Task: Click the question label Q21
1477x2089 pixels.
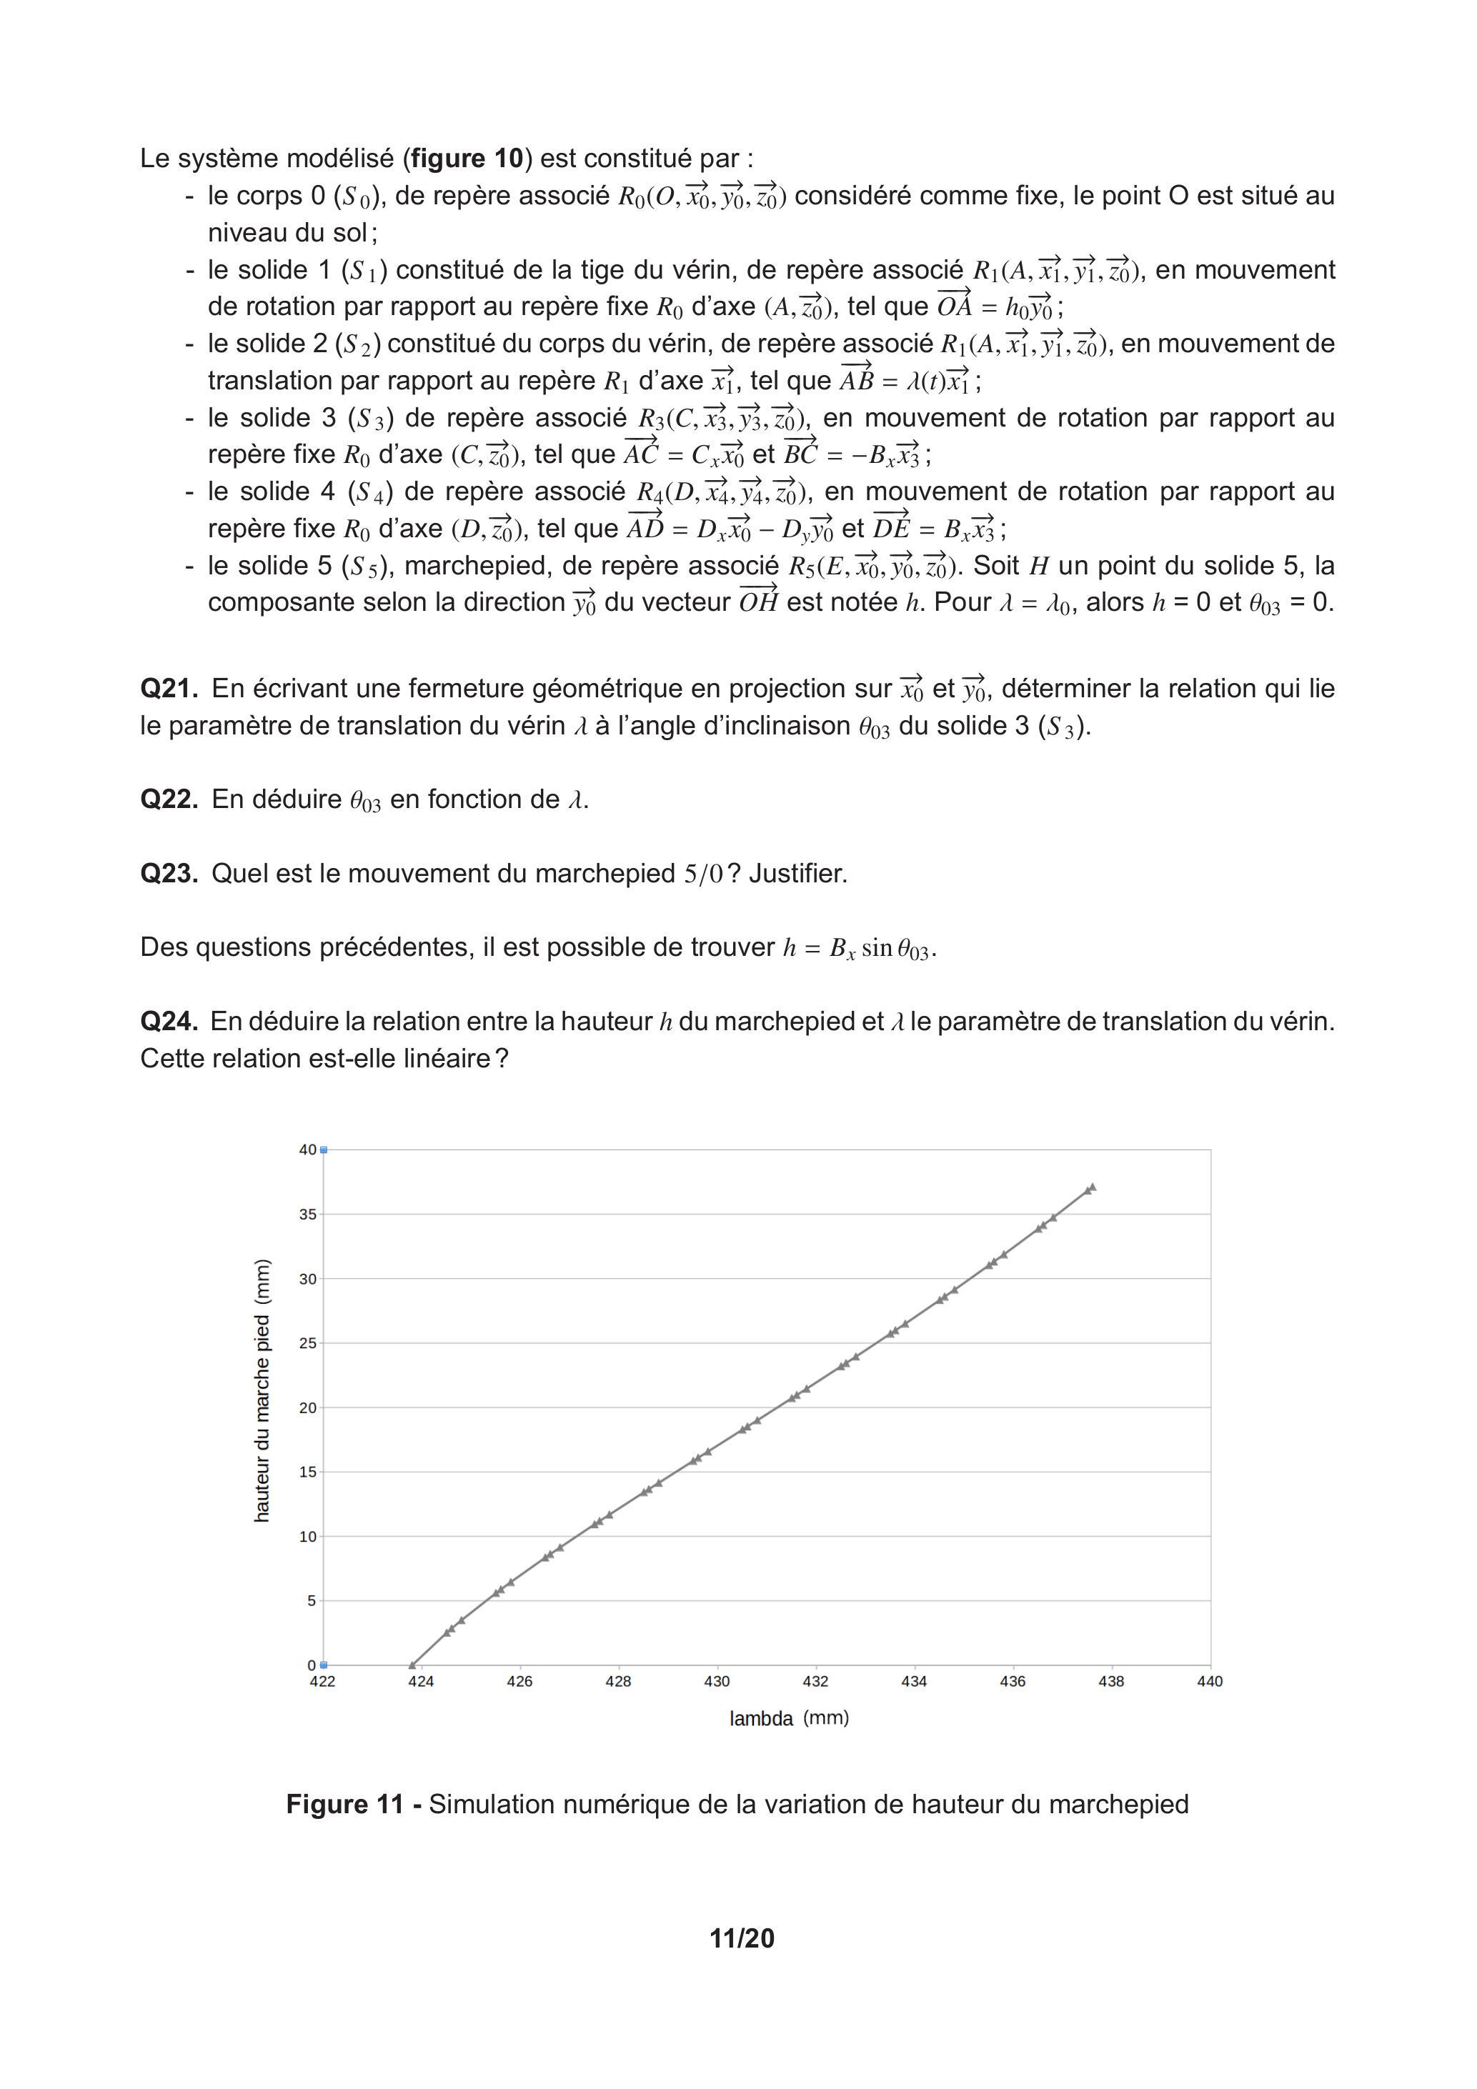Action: point(169,689)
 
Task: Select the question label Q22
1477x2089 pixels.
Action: point(169,799)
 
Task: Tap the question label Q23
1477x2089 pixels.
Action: point(169,874)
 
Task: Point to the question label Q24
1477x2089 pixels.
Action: point(169,1022)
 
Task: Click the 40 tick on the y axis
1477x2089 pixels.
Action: point(307,1150)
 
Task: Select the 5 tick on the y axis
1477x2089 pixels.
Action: point(312,1601)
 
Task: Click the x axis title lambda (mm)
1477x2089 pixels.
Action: point(789,1719)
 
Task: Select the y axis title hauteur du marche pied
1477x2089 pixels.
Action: point(262,1390)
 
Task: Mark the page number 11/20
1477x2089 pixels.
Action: point(742,1939)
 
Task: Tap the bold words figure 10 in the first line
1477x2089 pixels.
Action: point(467,159)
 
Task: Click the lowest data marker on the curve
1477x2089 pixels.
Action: point(412,1665)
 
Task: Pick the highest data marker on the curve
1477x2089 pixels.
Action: point(1092,1187)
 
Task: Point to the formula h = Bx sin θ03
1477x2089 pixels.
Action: point(857,949)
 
